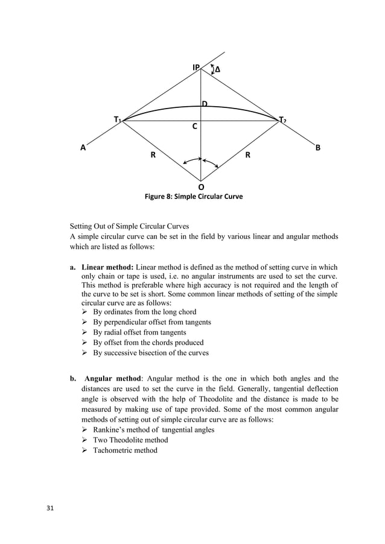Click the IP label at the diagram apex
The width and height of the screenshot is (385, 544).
pyautogui.click(x=196, y=68)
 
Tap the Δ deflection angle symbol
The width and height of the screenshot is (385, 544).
pyautogui.click(x=217, y=70)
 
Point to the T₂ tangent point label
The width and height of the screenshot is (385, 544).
pyautogui.click(x=282, y=121)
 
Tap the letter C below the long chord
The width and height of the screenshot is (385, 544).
pyautogui.click(x=194, y=127)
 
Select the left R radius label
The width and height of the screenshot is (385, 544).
pyautogui.click(x=153, y=155)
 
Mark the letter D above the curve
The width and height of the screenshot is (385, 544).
pyautogui.click(x=205, y=104)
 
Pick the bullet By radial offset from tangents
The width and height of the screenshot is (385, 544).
pyautogui.click(x=139, y=332)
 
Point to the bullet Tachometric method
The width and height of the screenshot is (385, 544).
pyautogui.click(x=125, y=450)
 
